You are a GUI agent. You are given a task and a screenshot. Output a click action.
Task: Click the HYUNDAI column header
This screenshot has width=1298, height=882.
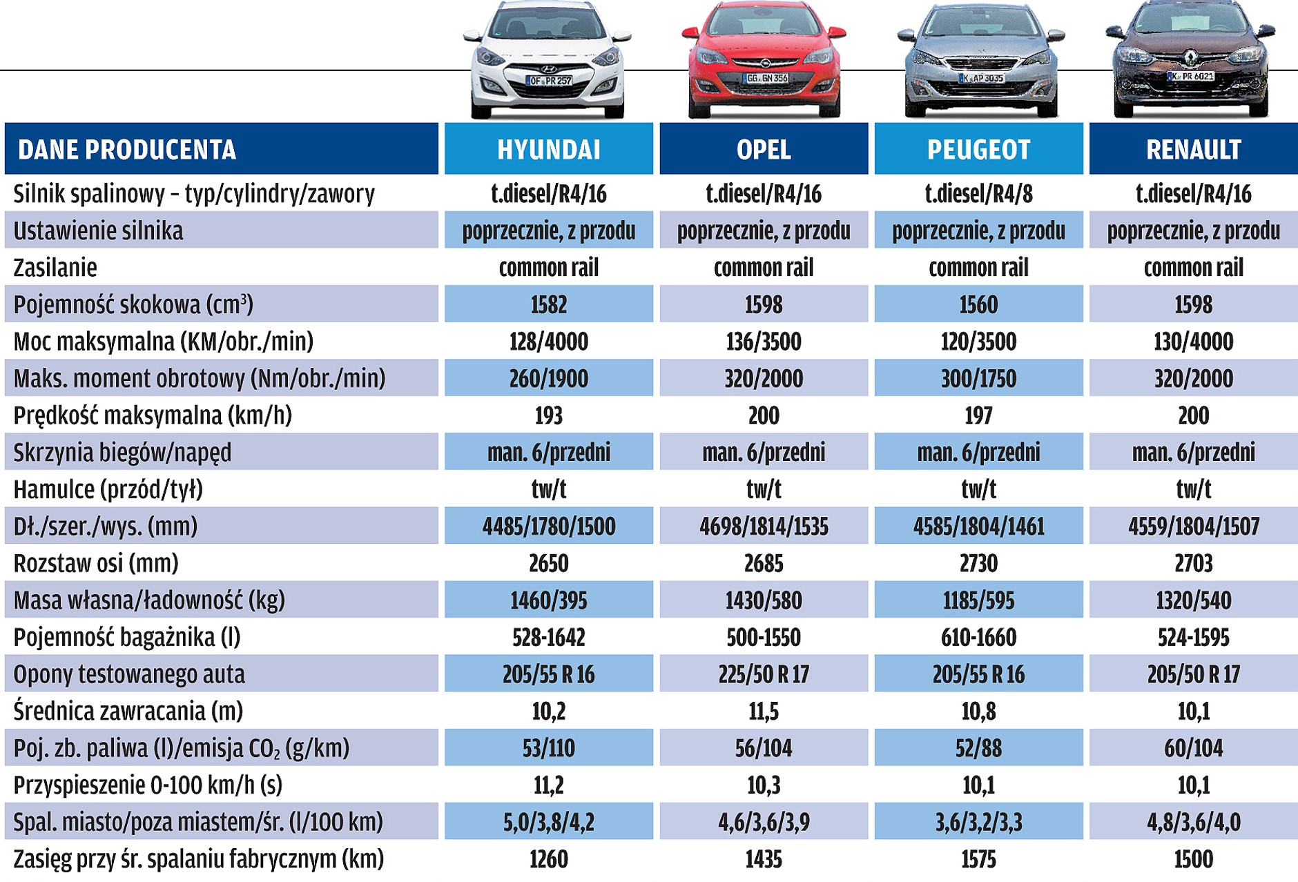(x=549, y=149)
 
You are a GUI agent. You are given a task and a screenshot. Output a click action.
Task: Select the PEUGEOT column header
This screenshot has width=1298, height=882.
(x=978, y=149)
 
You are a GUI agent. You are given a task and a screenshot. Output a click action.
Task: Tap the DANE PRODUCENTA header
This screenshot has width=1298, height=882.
(x=127, y=149)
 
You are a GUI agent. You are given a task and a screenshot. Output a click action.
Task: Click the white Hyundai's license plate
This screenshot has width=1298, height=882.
(x=550, y=81)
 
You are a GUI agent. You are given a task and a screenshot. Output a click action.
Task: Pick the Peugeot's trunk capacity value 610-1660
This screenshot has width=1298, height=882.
(x=978, y=637)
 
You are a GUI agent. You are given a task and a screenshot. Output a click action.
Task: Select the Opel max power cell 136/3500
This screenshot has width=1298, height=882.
(x=764, y=342)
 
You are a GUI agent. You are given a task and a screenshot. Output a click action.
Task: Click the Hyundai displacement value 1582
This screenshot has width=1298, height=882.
(x=549, y=304)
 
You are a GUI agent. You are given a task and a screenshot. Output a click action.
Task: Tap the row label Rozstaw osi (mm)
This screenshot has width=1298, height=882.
(x=96, y=563)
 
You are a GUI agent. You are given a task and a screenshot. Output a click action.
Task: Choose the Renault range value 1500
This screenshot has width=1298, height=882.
(x=1194, y=859)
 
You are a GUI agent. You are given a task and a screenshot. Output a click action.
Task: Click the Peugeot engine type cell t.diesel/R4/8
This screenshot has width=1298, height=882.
(x=978, y=194)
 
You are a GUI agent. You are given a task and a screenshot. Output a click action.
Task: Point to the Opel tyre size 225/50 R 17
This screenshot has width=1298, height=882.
(x=764, y=674)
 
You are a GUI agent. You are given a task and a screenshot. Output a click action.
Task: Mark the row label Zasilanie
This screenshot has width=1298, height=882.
(x=55, y=268)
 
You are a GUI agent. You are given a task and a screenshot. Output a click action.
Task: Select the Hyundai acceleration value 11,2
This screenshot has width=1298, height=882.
(x=549, y=785)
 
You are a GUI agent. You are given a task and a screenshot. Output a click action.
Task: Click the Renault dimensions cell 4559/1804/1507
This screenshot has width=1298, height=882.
(x=1194, y=527)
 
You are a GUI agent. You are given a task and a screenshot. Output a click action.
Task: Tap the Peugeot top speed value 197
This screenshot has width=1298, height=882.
(x=978, y=415)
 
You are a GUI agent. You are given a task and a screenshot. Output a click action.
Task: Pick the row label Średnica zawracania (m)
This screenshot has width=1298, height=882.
(x=128, y=711)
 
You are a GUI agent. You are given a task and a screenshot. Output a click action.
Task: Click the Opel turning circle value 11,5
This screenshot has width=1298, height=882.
(x=764, y=711)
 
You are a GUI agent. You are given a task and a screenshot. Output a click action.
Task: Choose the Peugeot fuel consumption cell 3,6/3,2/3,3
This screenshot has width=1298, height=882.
(x=978, y=822)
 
